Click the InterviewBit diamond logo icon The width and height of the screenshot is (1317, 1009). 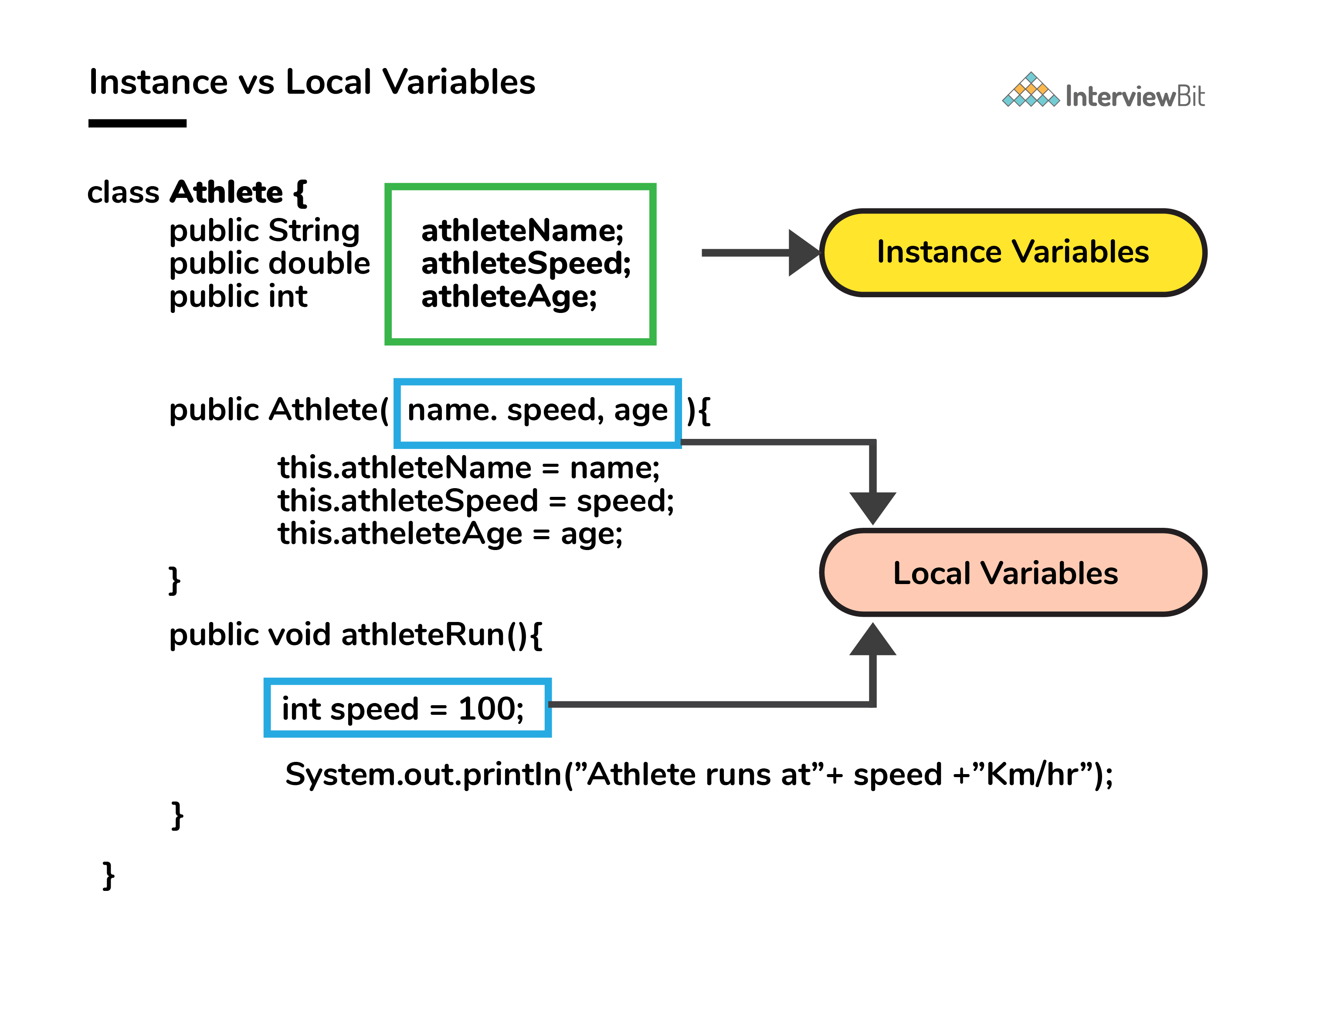(1031, 91)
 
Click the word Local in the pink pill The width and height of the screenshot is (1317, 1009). (931, 573)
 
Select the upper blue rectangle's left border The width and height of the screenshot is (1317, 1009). (397, 413)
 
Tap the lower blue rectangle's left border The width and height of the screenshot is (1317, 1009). (267, 707)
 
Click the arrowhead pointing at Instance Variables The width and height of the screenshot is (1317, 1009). (804, 253)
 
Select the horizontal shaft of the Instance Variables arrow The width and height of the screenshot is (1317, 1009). (745, 253)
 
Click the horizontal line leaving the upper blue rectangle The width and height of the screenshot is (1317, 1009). (775, 442)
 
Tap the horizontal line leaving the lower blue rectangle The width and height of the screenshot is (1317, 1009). (709, 704)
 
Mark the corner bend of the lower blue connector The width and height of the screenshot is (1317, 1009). (872, 704)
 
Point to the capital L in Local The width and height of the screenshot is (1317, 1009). (900, 573)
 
